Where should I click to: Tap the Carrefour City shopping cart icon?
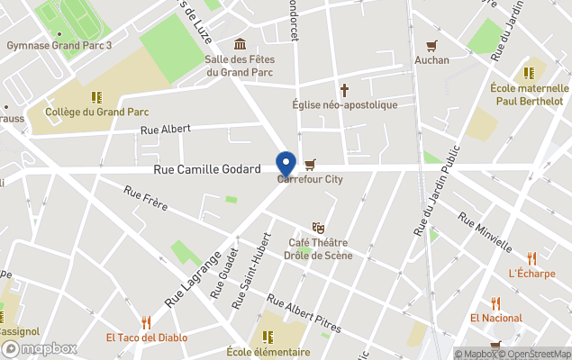(x=310, y=164)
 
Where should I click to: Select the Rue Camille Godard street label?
(x=207, y=169)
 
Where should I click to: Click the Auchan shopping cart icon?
(x=431, y=46)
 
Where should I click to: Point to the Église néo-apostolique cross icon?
(x=344, y=90)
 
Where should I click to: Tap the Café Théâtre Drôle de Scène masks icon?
(x=317, y=228)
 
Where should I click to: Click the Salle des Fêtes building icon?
(x=240, y=44)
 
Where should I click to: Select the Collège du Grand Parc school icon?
(x=95, y=96)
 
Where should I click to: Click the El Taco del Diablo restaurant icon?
(x=146, y=322)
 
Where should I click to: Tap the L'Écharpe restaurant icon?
(x=531, y=258)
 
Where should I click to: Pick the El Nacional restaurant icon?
(x=495, y=303)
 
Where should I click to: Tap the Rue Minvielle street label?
(x=485, y=233)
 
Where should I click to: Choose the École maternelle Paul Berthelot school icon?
(x=529, y=74)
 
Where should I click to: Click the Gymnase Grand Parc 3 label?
(x=59, y=45)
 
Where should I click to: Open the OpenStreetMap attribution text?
(x=538, y=354)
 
